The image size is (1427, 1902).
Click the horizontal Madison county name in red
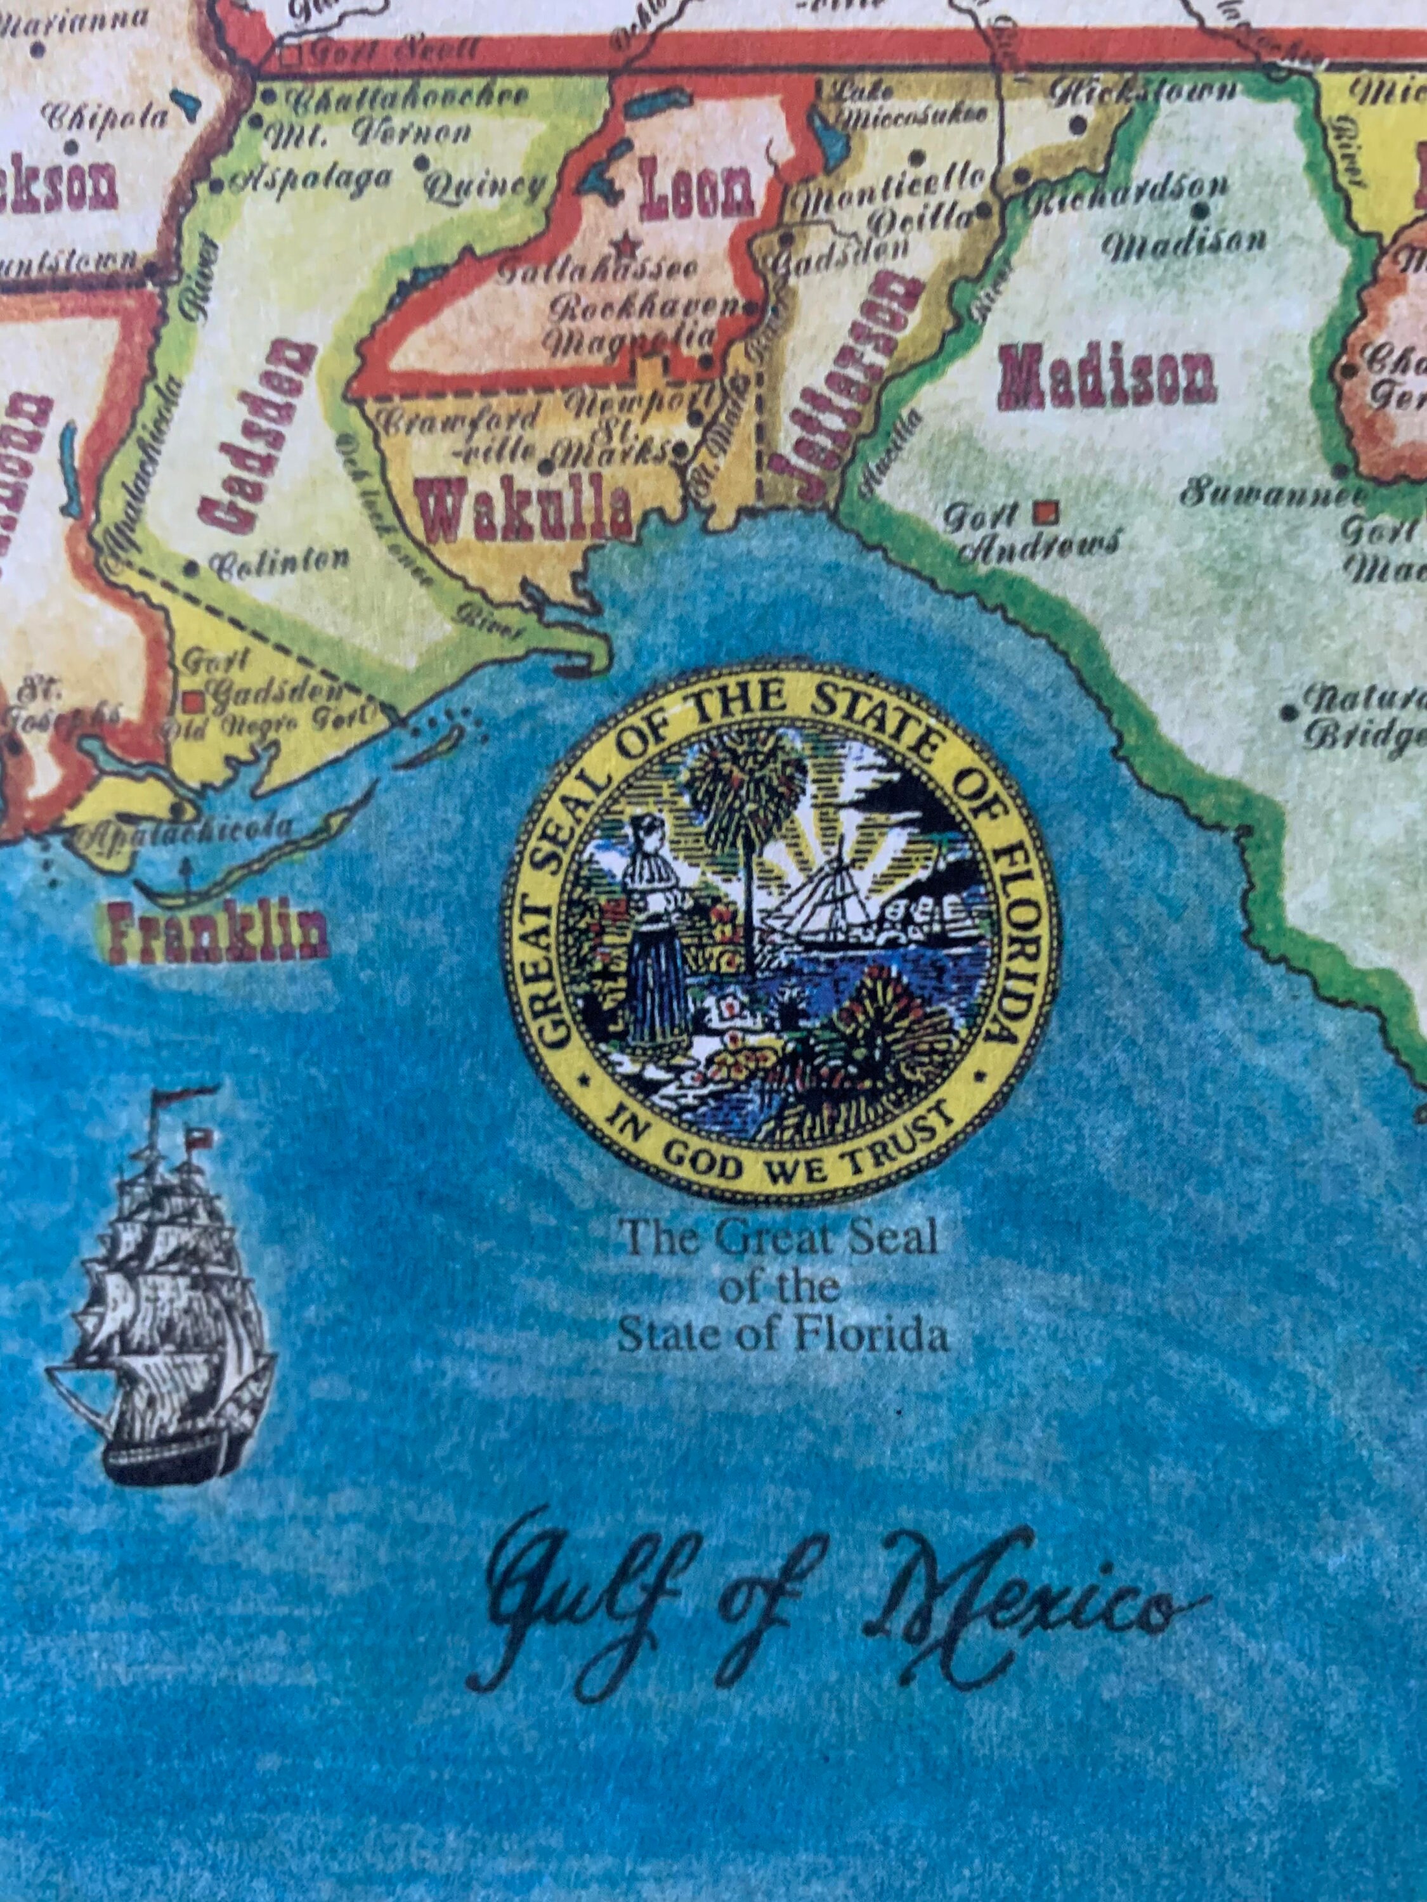[x=1107, y=379]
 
